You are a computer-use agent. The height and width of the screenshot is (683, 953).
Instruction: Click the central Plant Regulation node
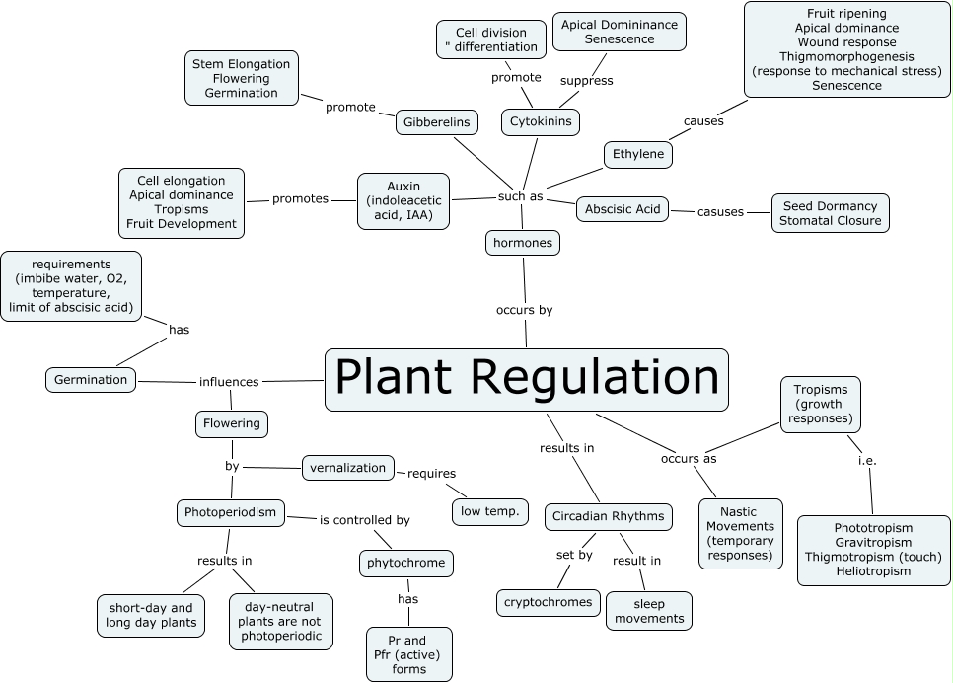[x=526, y=379]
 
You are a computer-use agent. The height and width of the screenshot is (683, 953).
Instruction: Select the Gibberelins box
[x=437, y=122]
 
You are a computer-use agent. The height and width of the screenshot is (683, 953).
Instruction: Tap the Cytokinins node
[x=541, y=121]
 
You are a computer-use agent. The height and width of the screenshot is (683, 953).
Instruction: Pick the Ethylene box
[x=638, y=154]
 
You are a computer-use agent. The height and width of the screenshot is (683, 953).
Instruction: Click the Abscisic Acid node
[x=622, y=209]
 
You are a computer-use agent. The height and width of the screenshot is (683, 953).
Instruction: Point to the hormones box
[x=523, y=242]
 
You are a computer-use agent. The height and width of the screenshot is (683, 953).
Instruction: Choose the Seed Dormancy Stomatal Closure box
[x=830, y=213]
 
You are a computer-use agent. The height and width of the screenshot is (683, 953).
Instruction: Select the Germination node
[x=91, y=379]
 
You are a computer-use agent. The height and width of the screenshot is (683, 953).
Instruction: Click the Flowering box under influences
[x=232, y=423]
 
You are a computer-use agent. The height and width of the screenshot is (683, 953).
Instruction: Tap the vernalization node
[x=347, y=467]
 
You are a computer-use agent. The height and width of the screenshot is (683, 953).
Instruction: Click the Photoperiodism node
[x=232, y=512]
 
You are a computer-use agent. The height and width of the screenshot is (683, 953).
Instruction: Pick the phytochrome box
[x=405, y=564]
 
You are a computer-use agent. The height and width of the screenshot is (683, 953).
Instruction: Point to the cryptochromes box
[x=549, y=602]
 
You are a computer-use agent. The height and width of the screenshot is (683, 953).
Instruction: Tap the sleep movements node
[x=649, y=610]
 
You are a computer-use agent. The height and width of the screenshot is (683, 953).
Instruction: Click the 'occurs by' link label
[x=524, y=310]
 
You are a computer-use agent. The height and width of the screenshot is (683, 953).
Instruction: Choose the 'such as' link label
[x=521, y=196]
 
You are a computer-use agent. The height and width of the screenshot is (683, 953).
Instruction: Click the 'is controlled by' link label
[x=364, y=519]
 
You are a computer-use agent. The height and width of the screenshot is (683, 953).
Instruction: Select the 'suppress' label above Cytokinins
[x=586, y=80]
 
